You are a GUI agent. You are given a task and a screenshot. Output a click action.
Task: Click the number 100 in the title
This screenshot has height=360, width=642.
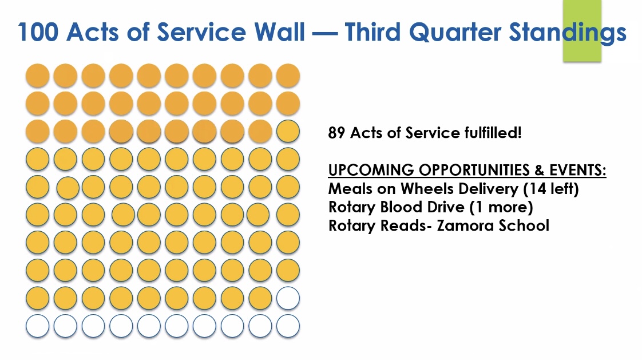click(x=38, y=31)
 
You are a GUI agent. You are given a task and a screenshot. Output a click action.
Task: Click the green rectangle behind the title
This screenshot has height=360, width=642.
click(x=582, y=31)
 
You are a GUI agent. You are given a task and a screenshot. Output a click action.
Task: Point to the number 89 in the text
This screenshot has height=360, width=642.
click(x=336, y=133)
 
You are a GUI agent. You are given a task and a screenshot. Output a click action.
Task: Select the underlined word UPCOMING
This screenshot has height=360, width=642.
click(x=371, y=169)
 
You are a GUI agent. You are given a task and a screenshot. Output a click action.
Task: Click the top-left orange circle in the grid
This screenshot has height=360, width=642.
click(x=38, y=76)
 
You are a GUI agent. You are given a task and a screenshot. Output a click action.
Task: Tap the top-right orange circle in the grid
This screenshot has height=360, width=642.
click(x=288, y=76)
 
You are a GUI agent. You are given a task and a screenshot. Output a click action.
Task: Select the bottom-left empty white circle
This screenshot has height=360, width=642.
click(x=38, y=326)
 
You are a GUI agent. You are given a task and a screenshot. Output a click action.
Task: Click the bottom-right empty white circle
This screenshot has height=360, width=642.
click(x=288, y=326)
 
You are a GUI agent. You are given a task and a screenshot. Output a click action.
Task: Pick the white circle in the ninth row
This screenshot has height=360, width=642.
click(x=288, y=298)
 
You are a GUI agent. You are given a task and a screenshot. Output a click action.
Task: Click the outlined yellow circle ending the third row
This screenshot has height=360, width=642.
click(x=288, y=131)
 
